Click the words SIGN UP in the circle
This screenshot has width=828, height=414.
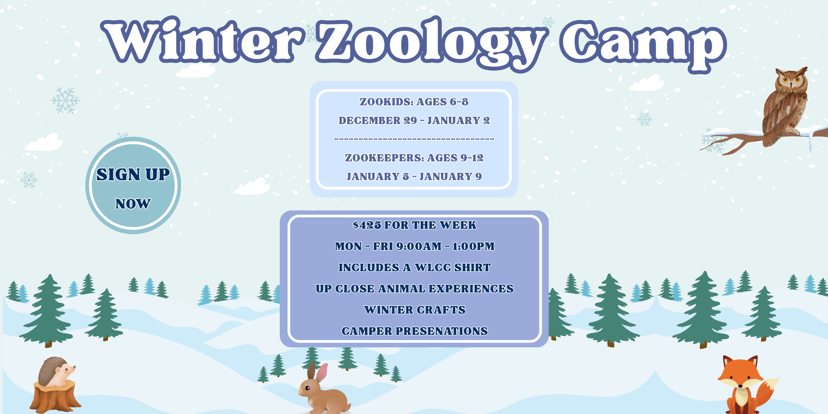(x=133, y=175)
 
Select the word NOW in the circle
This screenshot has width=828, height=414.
(x=133, y=204)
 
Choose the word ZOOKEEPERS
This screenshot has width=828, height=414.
(x=384, y=158)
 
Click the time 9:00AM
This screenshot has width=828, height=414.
(x=419, y=246)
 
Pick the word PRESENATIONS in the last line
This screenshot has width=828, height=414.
(x=442, y=331)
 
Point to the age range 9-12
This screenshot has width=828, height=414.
(x=472, y=158)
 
